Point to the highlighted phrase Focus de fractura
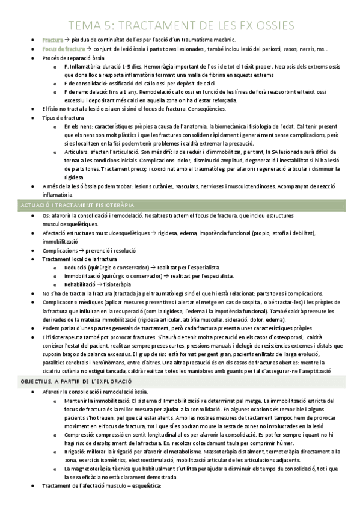click(x=64, y=49)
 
